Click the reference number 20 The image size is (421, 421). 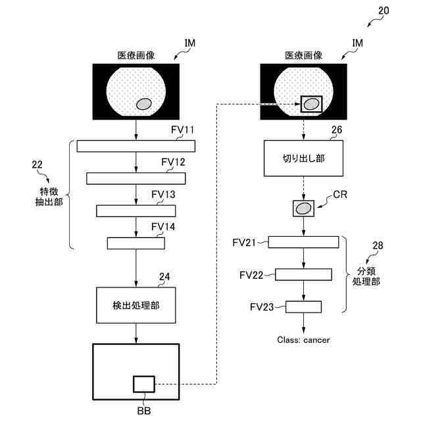[384, 11]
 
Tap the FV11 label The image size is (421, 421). [182, 130]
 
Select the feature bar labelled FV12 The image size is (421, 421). [136, 178]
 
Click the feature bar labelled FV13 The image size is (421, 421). [136, 211]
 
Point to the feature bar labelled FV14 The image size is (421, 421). [136, 243]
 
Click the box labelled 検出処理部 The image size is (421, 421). [136, 305]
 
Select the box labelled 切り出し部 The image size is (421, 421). [303, 159]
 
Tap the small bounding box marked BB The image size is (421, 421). [144, 384]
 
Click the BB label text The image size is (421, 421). [144, 410]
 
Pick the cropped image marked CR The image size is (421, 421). [303, 209]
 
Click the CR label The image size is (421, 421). [340, 195]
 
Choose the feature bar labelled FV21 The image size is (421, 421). [303, 242]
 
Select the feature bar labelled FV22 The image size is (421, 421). [303, 274]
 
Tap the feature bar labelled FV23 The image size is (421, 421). [303, 307]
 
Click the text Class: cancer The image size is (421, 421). [303, 340]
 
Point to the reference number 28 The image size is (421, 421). [378, 245]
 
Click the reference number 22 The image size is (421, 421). [37, 164]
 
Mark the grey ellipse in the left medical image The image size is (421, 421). [144, 104]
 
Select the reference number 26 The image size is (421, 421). [337, 130]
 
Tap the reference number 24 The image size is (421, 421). [164, 277]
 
